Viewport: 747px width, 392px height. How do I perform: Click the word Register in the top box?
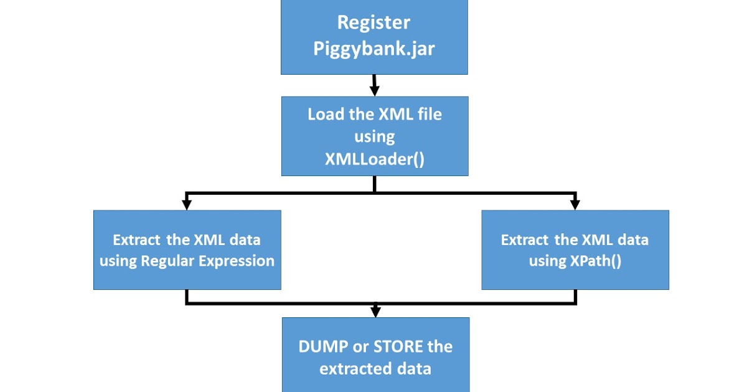(x=374, y=23)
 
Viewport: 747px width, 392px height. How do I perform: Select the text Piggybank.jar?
(x=374, y=49)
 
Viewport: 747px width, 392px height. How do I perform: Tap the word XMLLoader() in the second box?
(x=375, y=158)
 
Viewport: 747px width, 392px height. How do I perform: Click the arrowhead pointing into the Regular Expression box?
(x=186, y=203)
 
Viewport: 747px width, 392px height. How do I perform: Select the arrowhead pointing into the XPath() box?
(x=575, y=203)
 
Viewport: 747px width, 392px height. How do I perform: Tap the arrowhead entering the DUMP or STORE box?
(x=375, y=310)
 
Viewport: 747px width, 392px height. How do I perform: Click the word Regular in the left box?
(x=168, y=261)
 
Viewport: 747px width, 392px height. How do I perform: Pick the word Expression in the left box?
(x=235, y=261)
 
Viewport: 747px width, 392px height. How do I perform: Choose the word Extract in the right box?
(x=524, y=240)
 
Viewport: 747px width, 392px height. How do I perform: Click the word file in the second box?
(x=428, y=115)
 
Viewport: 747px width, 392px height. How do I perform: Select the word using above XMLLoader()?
(x=375, y=136)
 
